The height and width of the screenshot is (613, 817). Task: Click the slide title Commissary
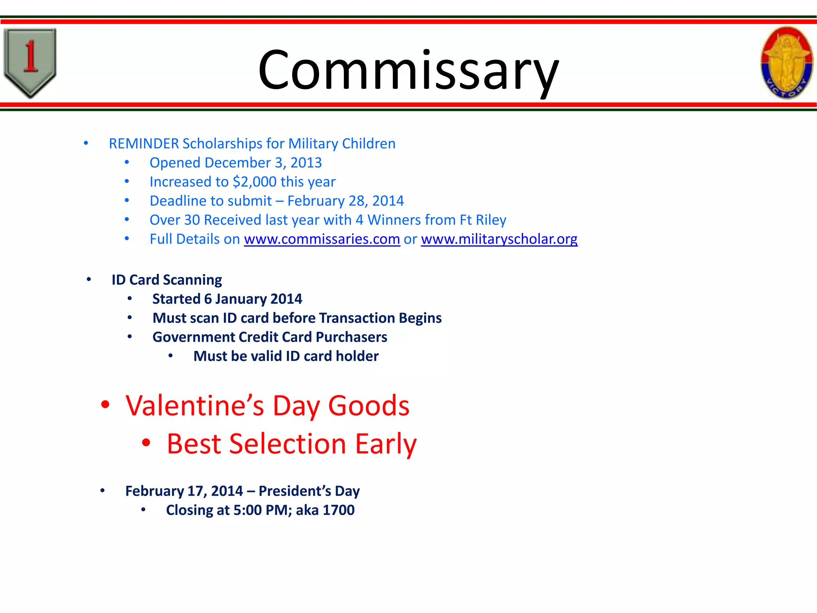(x=408, y=70)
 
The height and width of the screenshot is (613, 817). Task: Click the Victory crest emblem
(x=786, y=63)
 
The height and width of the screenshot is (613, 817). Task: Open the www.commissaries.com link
(x=322, y=239)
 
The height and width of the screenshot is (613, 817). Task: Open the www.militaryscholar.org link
(x=499, y=239)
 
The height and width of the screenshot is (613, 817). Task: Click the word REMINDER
(x=144, y=144)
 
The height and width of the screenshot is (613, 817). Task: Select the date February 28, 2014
(x=345, y=201)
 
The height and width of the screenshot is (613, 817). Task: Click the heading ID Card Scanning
(x=167, y=280)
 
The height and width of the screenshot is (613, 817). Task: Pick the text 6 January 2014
(x=253, y=299)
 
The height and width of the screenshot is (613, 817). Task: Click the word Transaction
(x=356, y=318)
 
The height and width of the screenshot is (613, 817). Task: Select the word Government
(x=193, y=337)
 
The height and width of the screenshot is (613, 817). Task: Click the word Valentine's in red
(x=195, y=406)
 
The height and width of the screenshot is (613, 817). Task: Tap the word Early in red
(x=386, y=444)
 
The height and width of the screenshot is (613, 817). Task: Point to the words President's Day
(x=309, y=491)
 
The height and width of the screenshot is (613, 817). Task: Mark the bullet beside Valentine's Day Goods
(x=105, y=405)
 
